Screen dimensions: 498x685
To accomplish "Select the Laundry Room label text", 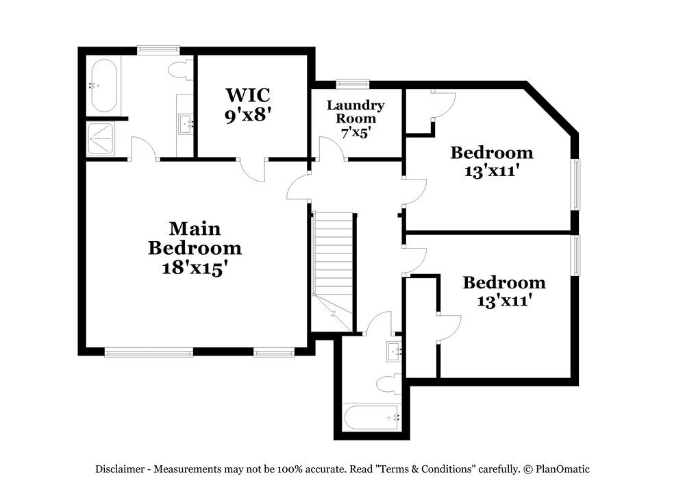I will pyautogui.click(x=355, y=112).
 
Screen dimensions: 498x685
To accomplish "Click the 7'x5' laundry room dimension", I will pyautogui.click(x=355, y=132).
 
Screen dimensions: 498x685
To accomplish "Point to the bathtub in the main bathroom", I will pyautogui.click(x=105, y=86).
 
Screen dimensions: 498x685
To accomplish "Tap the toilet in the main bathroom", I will pyautogui.click(x=182, y=69).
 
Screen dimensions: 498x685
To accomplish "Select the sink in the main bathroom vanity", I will pyautogui.click(x=186, y=124).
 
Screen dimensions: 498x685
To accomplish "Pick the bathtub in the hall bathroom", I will pyautogui.click(x=371, y=417).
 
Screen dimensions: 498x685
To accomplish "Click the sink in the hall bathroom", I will pyautogui.click(x=394, y=351).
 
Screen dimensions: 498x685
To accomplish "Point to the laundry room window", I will pyautogui.click(x=353, y=84).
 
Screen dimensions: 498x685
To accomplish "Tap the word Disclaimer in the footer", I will pyautogui.click(x=119, y=469).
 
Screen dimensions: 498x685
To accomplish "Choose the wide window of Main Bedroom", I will pyautogui.click(x=149, y=353).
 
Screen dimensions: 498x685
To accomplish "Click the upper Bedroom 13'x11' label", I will pyautogui.click(x=491, y=162).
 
